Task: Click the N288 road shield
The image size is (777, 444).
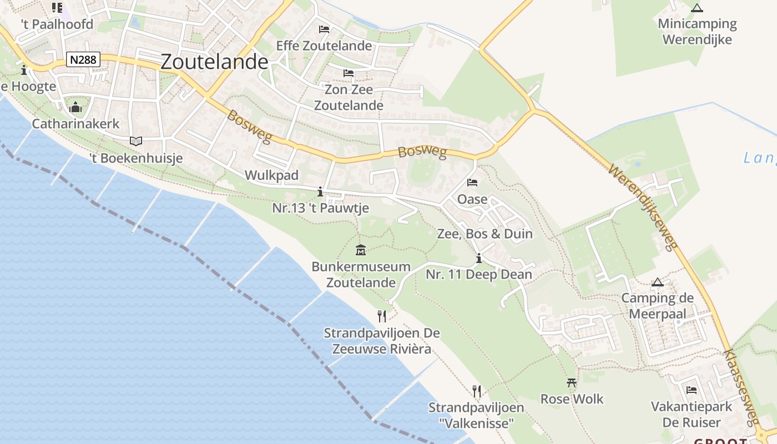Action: point(83,59)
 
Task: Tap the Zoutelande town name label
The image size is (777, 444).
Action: point(214,62)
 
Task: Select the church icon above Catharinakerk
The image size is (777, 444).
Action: point(75,107)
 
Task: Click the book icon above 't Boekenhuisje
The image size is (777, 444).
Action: point(136,141)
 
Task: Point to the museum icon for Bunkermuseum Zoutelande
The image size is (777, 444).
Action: point(361,250)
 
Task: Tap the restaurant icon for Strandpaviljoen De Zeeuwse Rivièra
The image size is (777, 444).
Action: point(382,316)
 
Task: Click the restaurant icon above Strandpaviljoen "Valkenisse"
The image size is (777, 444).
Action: point(476,391)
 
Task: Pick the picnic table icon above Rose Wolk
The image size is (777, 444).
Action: point(572,382)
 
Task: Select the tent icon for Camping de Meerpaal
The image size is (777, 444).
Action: point(658,282)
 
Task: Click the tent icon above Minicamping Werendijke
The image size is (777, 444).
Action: point(697,8)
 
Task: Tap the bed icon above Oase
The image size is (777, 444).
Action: point(472,182)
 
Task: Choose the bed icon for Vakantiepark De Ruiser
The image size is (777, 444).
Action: point(692,390)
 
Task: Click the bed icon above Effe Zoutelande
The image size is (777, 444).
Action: point(324,29)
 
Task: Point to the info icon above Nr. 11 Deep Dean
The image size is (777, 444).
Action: point(479,259)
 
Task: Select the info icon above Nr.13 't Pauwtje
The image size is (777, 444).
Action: point(320,192)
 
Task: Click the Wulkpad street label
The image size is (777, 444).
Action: point(272,175)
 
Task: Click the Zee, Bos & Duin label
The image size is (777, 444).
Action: point(485,234)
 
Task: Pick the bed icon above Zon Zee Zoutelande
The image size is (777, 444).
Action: point(349,73)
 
